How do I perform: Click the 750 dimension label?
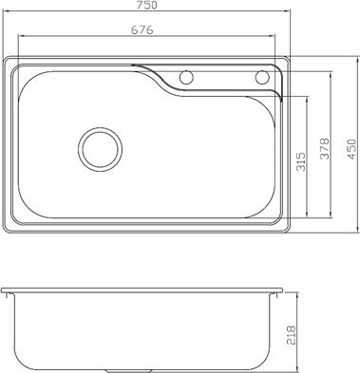147,5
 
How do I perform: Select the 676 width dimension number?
142,29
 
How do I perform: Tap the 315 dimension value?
302,161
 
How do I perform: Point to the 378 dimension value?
324,148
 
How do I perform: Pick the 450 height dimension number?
351,148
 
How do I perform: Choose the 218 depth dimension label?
290,334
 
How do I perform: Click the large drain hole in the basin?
101,149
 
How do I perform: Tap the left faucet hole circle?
186,77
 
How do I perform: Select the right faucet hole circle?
262,77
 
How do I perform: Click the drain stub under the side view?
118,371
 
